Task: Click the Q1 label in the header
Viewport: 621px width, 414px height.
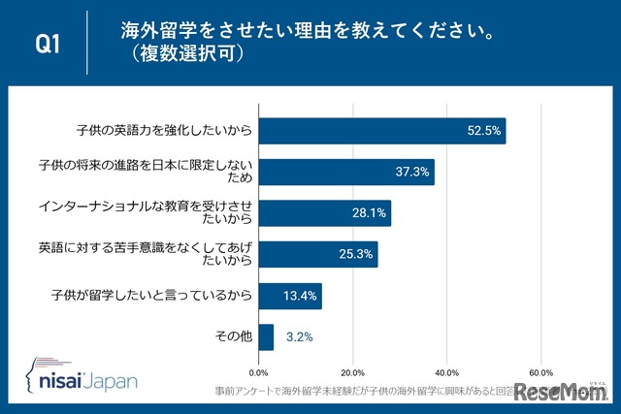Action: (x=49, y=44)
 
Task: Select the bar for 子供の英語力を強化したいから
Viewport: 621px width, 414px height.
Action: (x=382, y=130)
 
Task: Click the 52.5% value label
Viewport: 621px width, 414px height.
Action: (x=483, y=130)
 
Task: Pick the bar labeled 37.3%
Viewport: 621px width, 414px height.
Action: (x=346, y=172)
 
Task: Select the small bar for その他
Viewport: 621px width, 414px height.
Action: (x=266, y=337)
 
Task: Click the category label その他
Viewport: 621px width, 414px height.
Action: (x=232, y=337)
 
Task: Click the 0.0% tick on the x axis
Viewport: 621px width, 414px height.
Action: (x=259, y=371)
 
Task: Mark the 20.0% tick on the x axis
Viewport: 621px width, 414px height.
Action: (x=353, y=371)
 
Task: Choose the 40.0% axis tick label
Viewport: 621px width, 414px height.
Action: (x=446, y=371)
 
